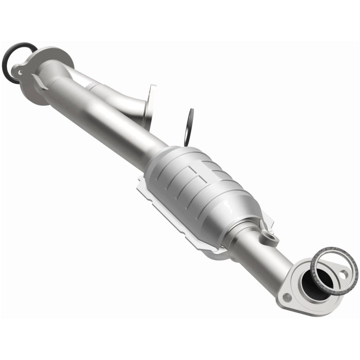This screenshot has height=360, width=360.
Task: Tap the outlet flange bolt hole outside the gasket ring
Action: (287, 297)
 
